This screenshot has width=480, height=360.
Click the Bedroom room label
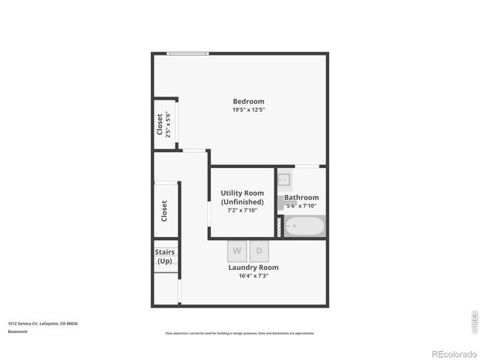pos(248,102)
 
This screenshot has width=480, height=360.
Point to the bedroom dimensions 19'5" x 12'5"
pos(248,110)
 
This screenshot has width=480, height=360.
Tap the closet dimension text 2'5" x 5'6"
pos(168,124)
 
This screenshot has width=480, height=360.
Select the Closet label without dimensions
pos(164,210)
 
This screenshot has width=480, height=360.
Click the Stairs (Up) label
pos(165,256)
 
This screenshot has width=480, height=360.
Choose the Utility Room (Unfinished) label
pos(242,198)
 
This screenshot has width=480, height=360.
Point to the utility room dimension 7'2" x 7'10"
pos(242,210)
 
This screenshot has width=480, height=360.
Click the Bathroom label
pos(301,197)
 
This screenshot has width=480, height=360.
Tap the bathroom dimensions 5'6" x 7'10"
pos(301,205)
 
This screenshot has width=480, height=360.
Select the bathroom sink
pos(284,180)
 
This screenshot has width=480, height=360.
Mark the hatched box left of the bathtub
pos(280,226)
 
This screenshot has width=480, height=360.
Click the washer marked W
pos(237,250)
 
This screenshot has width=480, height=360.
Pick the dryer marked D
pos(259,250)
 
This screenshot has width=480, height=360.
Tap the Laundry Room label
pos(253,268)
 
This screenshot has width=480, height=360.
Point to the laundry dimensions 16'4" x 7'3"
pos(253,276)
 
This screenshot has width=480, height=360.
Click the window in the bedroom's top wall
pos(187,53)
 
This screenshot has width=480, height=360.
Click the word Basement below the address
pos(17,331)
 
